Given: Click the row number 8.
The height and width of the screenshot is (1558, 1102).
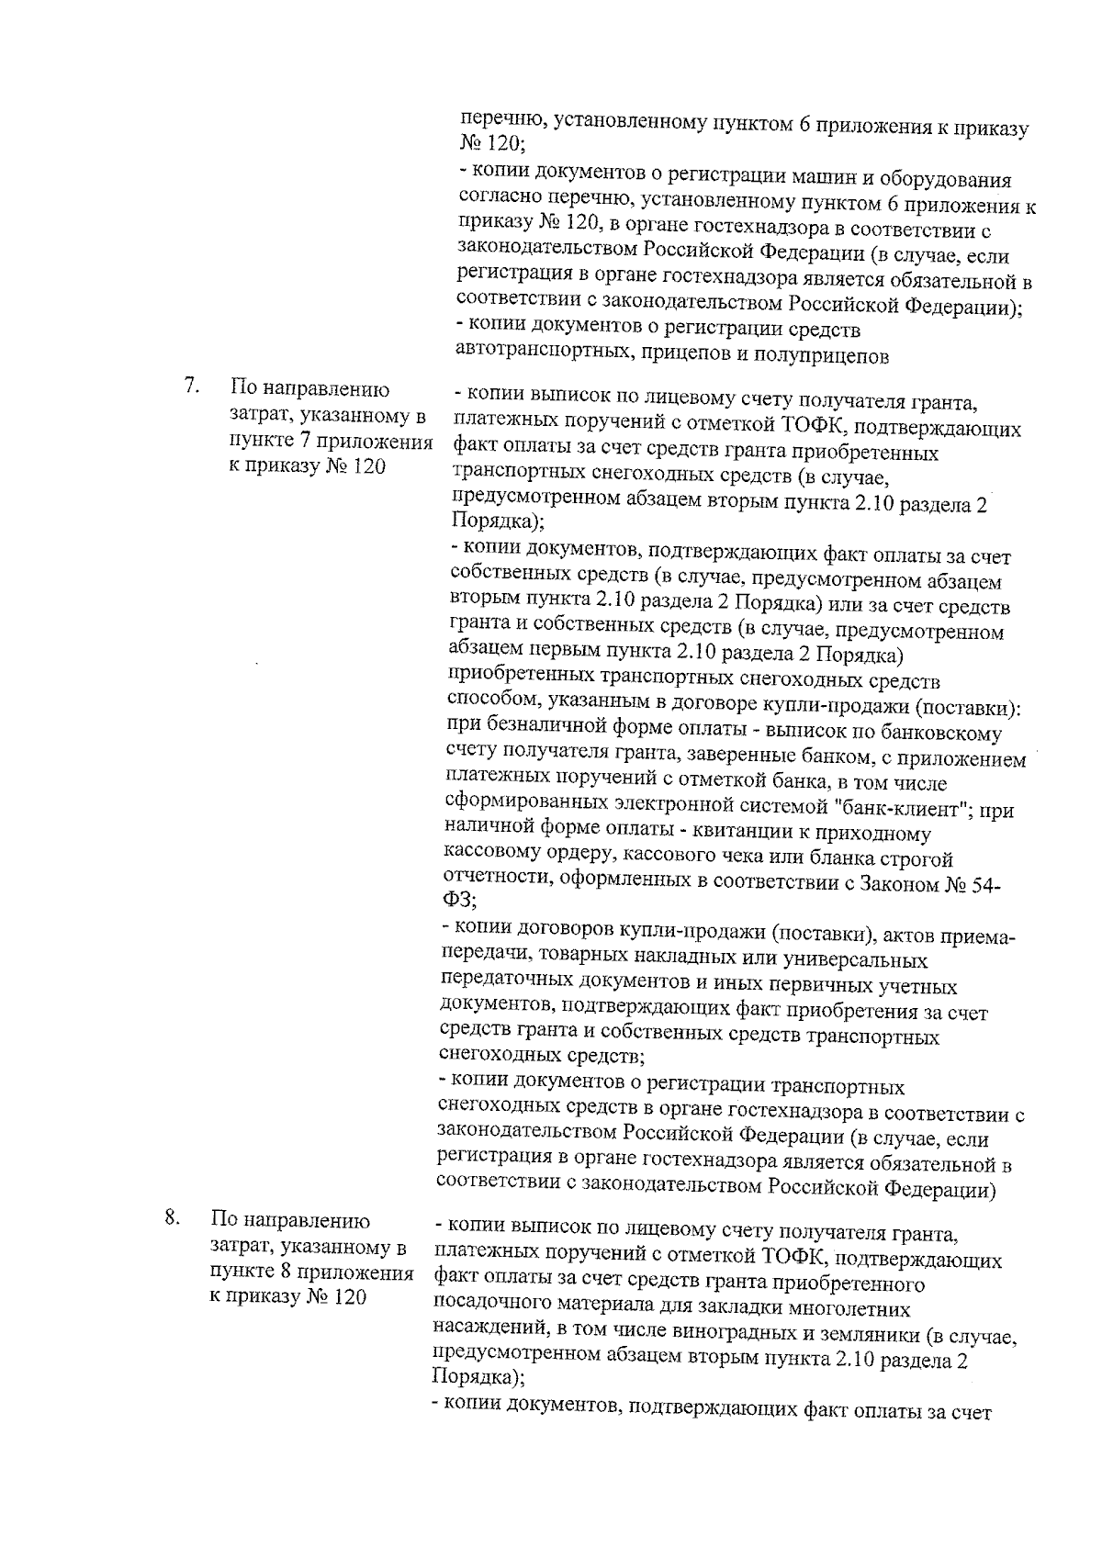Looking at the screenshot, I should pyautogui.click(x=171, y=1217).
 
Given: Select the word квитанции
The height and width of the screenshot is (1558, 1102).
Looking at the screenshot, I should pyautogui.click(x=796, y=835).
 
